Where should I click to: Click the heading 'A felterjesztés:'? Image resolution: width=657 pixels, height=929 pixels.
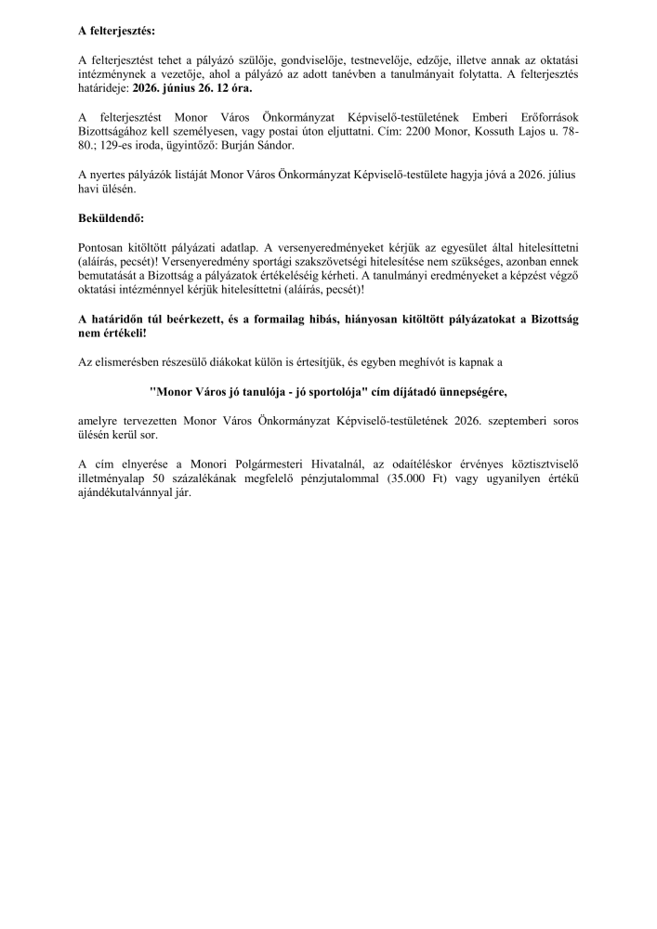click(x=116, y=33)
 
